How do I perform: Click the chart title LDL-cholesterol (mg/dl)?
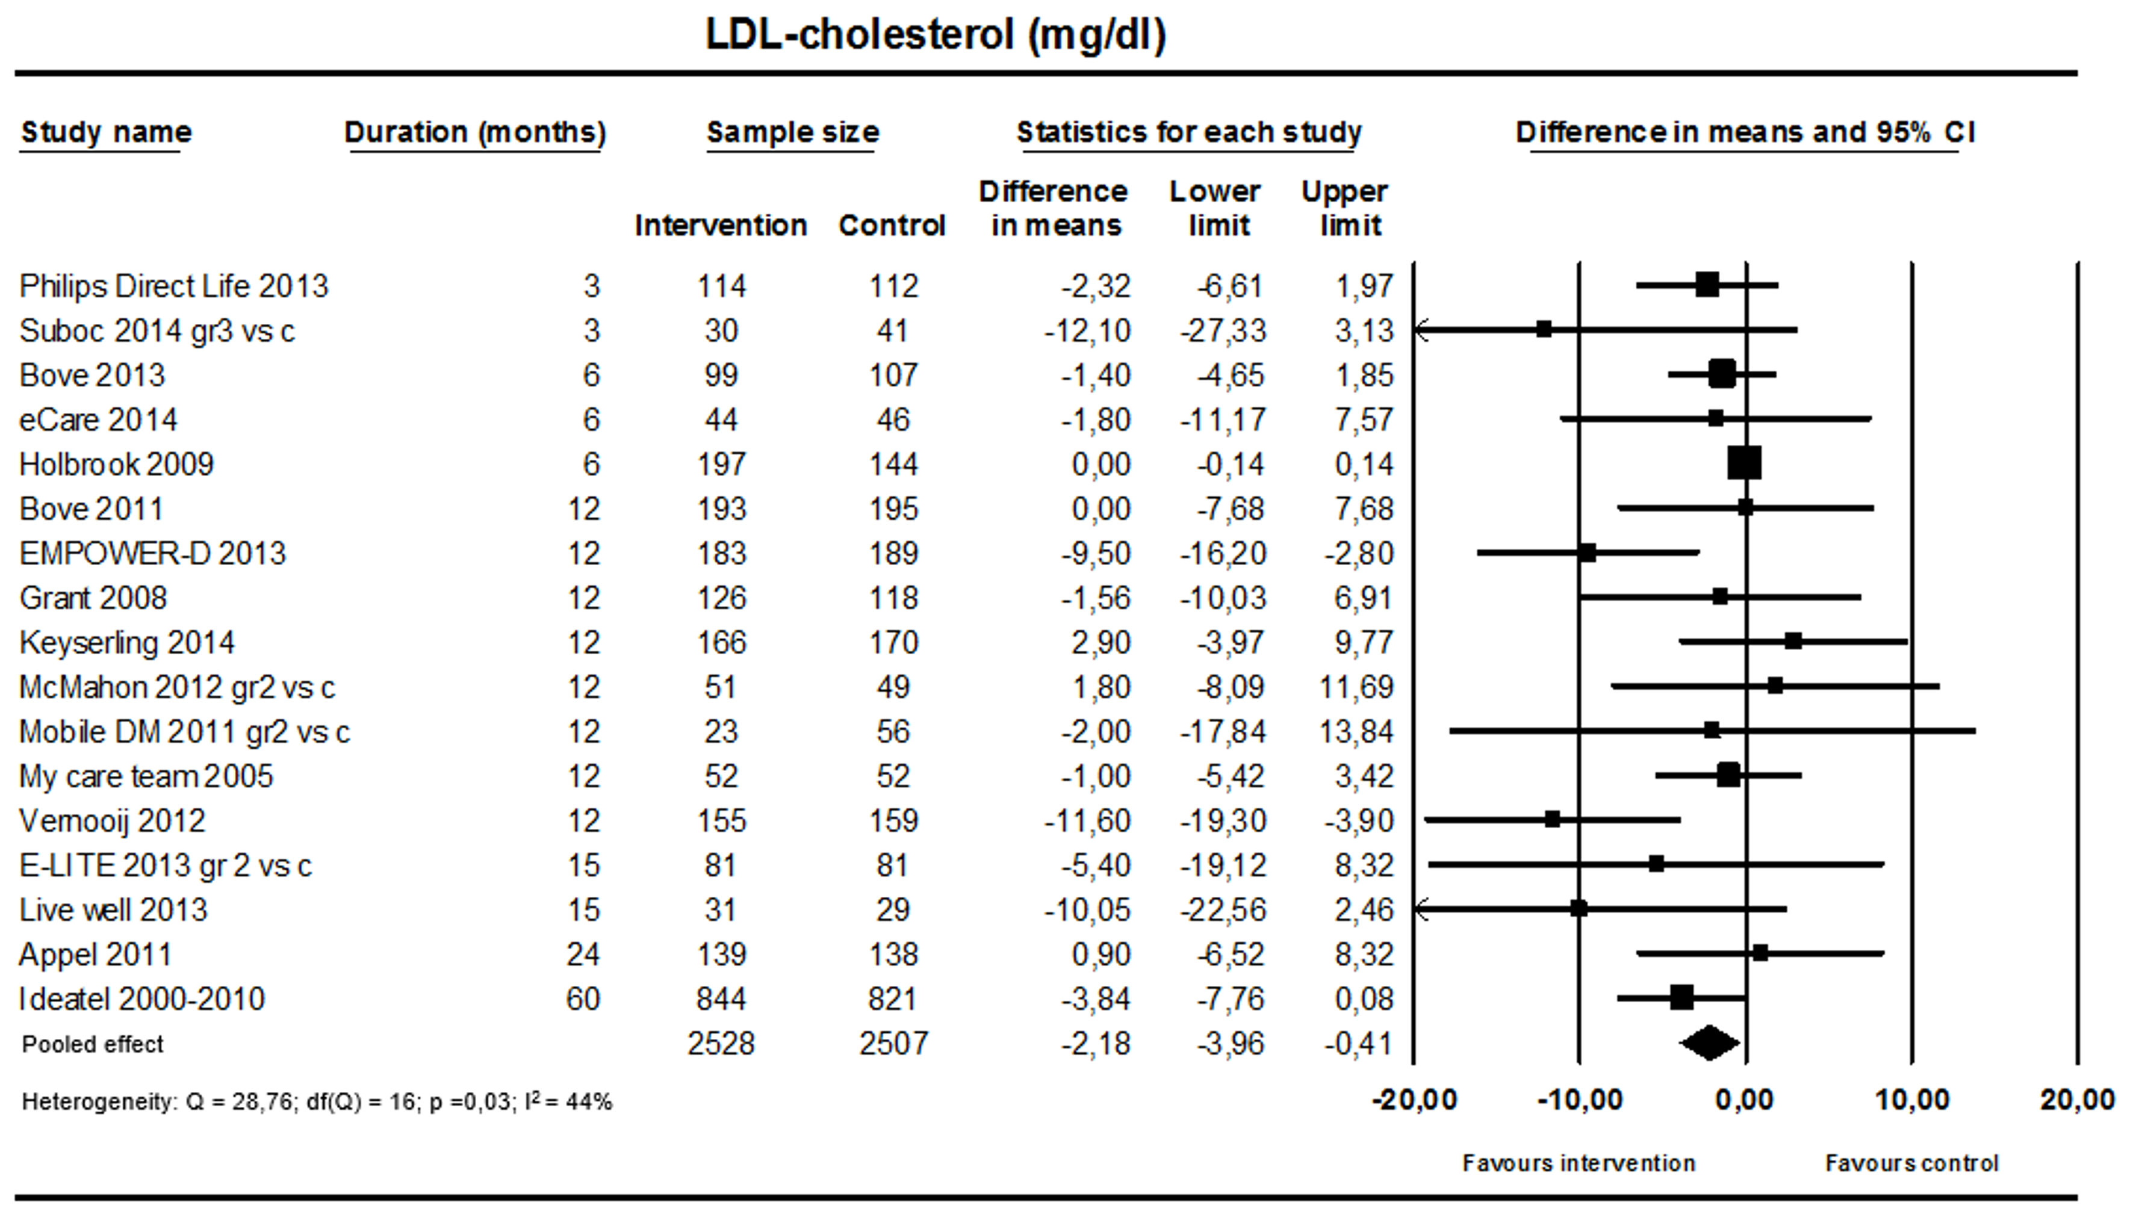point(936,35)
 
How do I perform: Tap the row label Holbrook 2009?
point(117,464)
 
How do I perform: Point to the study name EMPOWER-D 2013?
point(152,553)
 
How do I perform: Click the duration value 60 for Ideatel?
point(583,999)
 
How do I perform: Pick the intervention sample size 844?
point(721,999)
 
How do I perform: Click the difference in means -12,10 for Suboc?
point(1087,331)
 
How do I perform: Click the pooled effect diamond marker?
point(1710,1043)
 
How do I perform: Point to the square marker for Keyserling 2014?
point(1793,642)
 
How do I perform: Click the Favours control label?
point(1911,1163)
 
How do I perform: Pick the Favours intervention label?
point(1579,1163)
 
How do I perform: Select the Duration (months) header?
point(474,132)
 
